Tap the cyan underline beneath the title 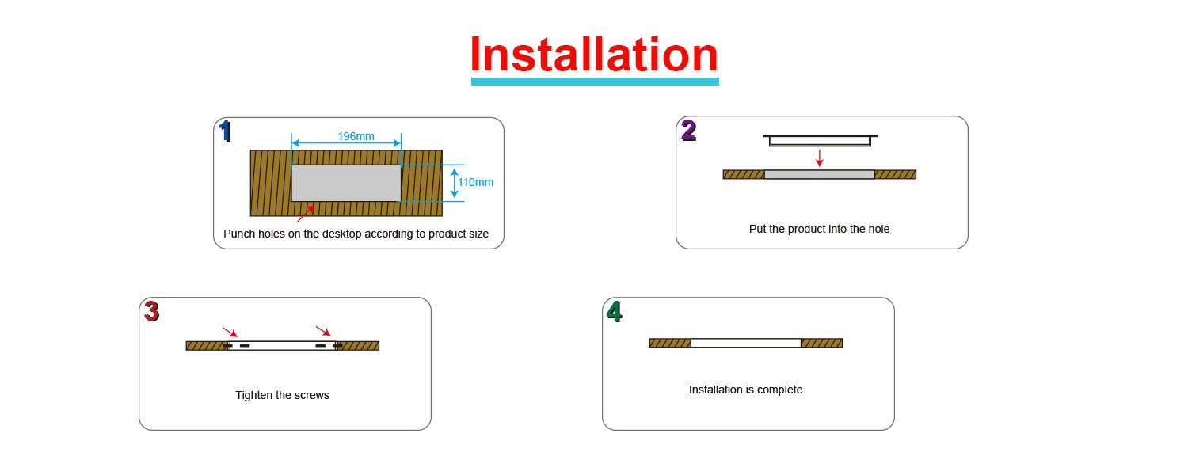[x=594, y=81]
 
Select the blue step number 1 [x=226, y=131]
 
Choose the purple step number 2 [x=688, y=131]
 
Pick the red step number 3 [x=151, y=312]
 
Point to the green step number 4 [x=614, y=312]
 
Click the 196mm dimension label [x=356, y=136]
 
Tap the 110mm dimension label [x=475, y=182]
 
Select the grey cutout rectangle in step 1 [x=347, y=183]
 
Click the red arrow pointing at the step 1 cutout [x=305, y=213]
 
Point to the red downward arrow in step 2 [x=820, y=158]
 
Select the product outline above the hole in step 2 [x=820, y=140]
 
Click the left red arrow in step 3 [x=230, y=332]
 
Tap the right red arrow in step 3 [x=323, y=331]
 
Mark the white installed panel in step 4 [x=745, y=343]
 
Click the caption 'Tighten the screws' [x=282, y=395]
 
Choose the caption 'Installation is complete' [x=745, y=389]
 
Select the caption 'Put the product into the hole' [x=819, y=229]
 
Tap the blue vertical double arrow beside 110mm [x=454, y=183]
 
